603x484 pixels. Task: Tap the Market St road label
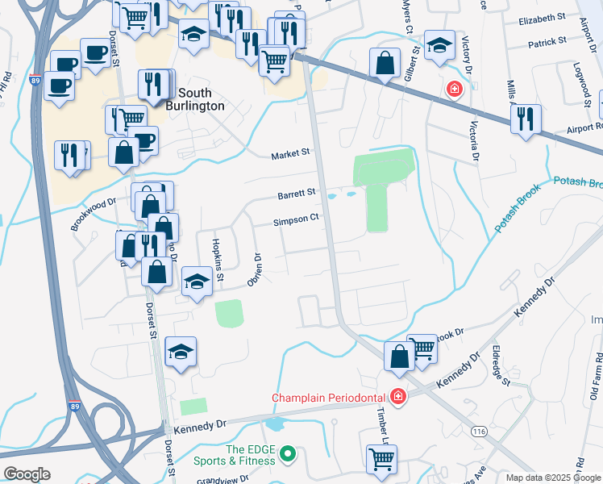(290, 153)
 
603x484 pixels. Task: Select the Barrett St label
(297, 193)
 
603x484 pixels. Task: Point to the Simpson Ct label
(296, 218)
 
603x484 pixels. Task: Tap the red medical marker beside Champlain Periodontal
(397, 396)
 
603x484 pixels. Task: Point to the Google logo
(27, 474)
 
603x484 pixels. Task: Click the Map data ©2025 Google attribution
(553, 478)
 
